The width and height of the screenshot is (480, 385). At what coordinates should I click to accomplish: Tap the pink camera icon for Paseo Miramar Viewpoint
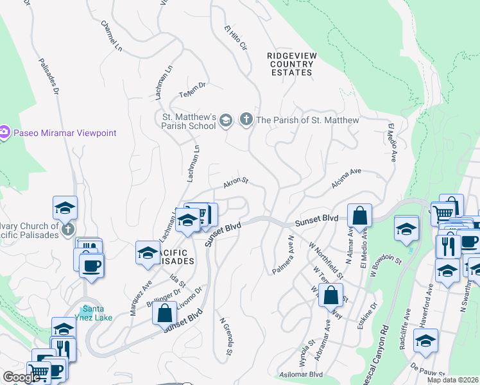coord(4,133)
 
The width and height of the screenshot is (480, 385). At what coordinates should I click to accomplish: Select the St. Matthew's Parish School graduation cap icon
coord(226,120)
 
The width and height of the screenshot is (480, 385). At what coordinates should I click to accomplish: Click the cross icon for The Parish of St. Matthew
coord(246,119)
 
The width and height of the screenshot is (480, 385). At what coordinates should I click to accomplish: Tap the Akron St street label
coord(236,184)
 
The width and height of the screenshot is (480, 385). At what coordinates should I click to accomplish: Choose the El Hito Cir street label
coord(235,38)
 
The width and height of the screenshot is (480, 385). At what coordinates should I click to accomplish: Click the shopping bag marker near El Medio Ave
coord(360,216)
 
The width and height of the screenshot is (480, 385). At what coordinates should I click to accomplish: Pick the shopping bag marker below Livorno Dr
coord(165,313)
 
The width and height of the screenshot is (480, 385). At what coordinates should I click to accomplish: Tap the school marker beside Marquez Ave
coord(148,253)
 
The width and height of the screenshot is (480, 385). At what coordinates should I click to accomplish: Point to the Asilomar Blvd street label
coord(300,374)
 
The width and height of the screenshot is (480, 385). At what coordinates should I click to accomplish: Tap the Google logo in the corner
coord(21,377)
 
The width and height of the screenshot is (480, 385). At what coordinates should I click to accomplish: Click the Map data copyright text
coord(452,380)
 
